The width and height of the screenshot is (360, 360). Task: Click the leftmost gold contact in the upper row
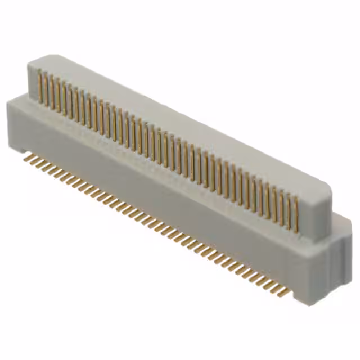pyautogui.click(x=40, y=87)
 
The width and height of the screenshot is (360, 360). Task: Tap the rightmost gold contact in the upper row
pyautogui.click(x=296, y=213)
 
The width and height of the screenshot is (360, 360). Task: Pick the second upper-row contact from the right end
pyautogui.click(x=291, y=211)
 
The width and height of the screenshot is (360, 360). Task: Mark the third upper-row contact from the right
pyautogui.click(x=285, y=208)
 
